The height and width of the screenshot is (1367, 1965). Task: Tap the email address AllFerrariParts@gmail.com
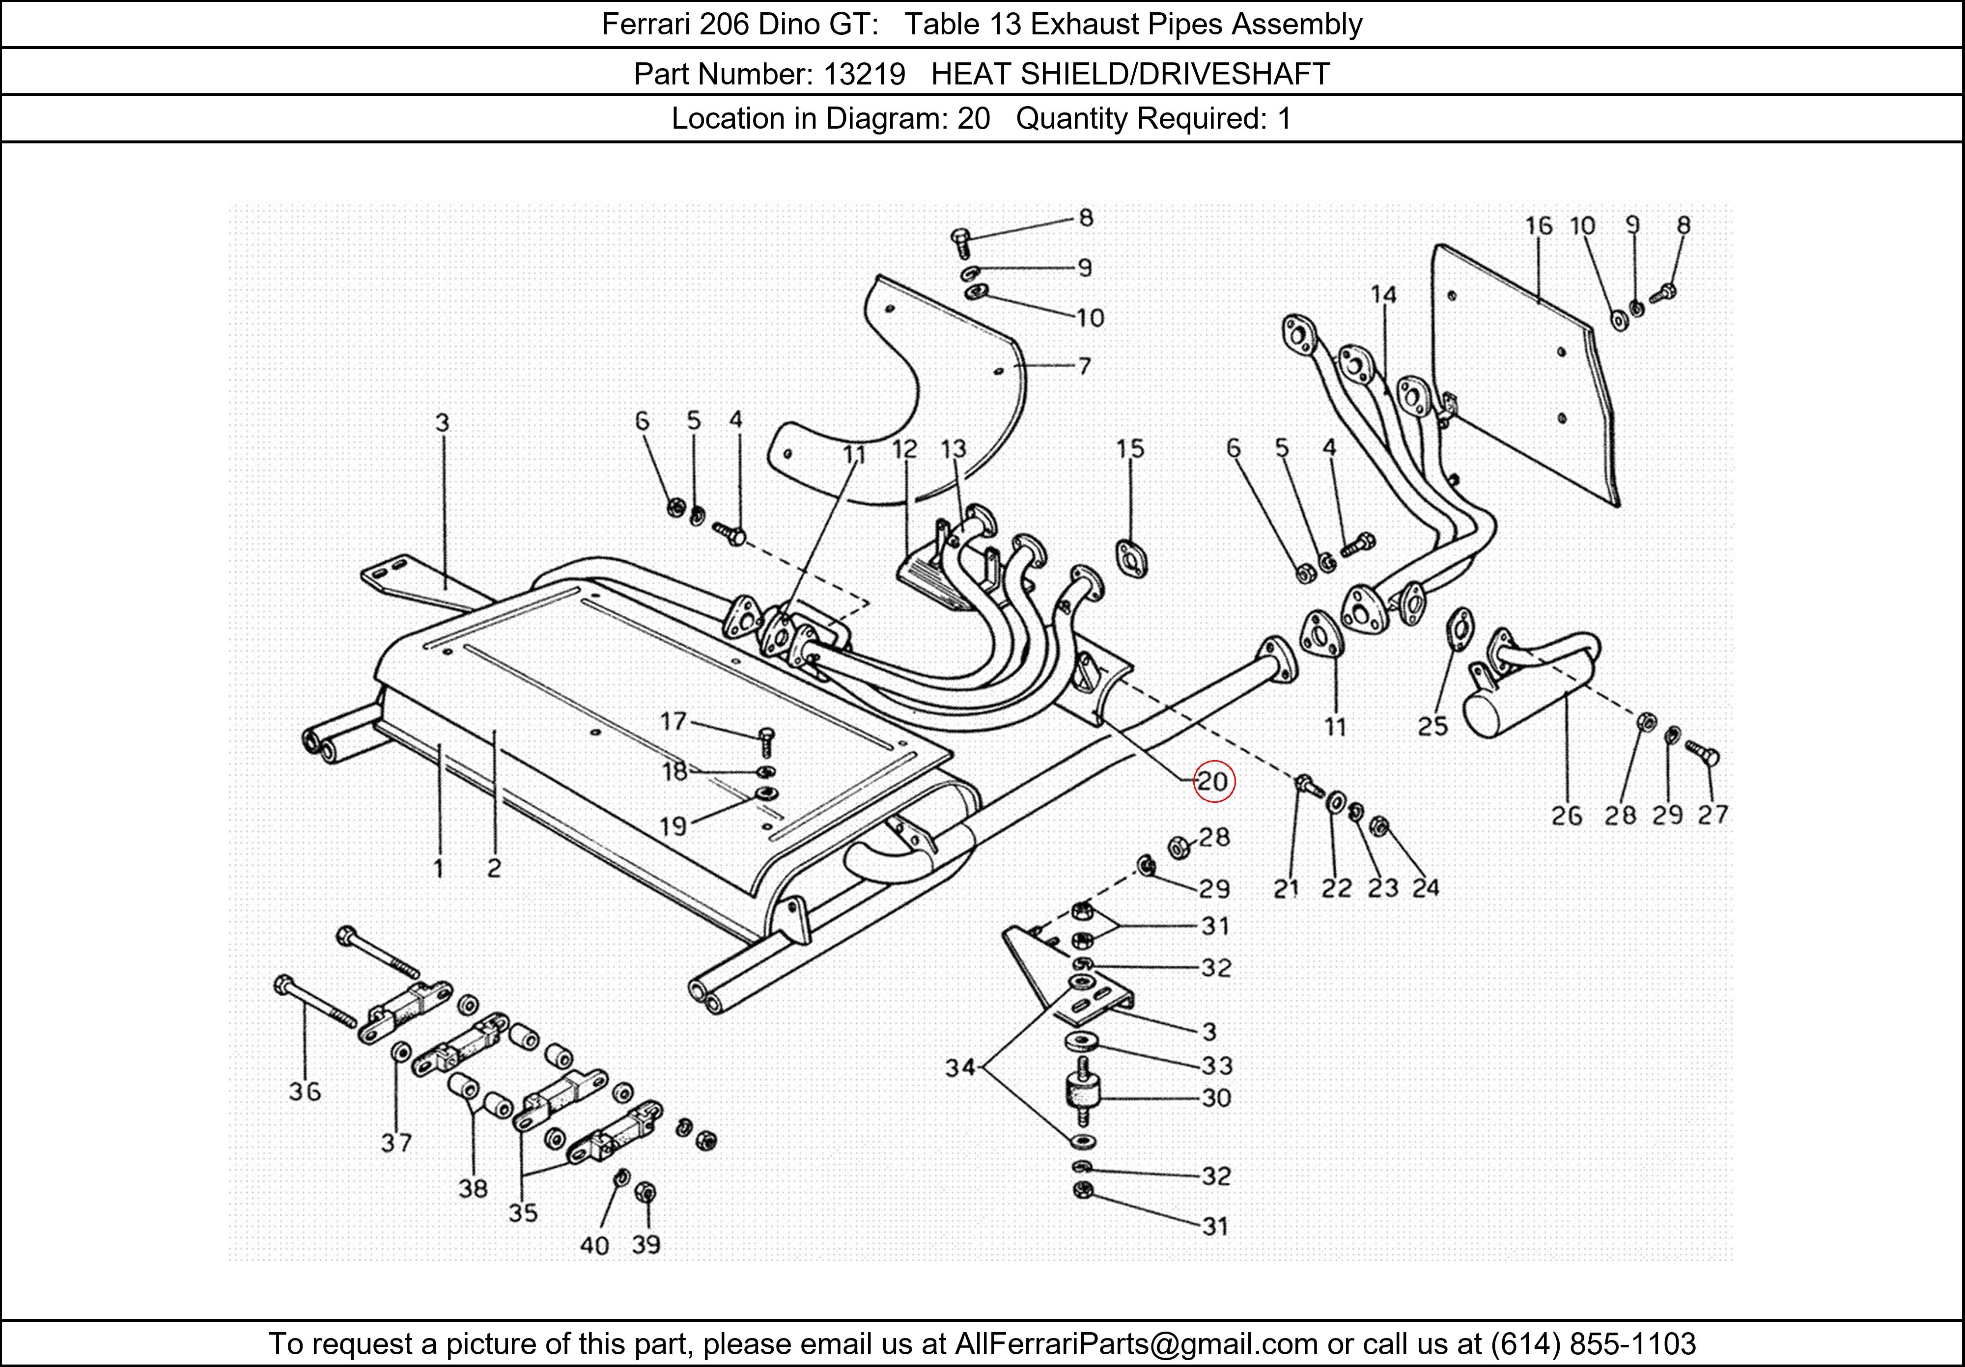point(1136,1344)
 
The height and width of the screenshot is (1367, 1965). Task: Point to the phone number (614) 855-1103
point(1593,1344)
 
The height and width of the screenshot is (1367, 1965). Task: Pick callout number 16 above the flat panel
point(1538,226)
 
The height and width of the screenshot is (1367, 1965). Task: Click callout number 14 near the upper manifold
point(1383,295)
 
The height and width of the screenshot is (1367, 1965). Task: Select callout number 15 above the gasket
point(1130,449)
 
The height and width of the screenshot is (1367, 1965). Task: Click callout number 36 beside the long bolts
point(305,1092)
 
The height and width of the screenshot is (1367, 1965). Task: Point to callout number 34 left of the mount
point(960,1067)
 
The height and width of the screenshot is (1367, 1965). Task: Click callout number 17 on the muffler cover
point(674,722)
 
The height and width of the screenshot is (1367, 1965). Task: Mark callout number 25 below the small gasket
point(1432,726)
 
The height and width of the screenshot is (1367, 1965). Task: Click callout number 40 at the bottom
point(594,1245)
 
